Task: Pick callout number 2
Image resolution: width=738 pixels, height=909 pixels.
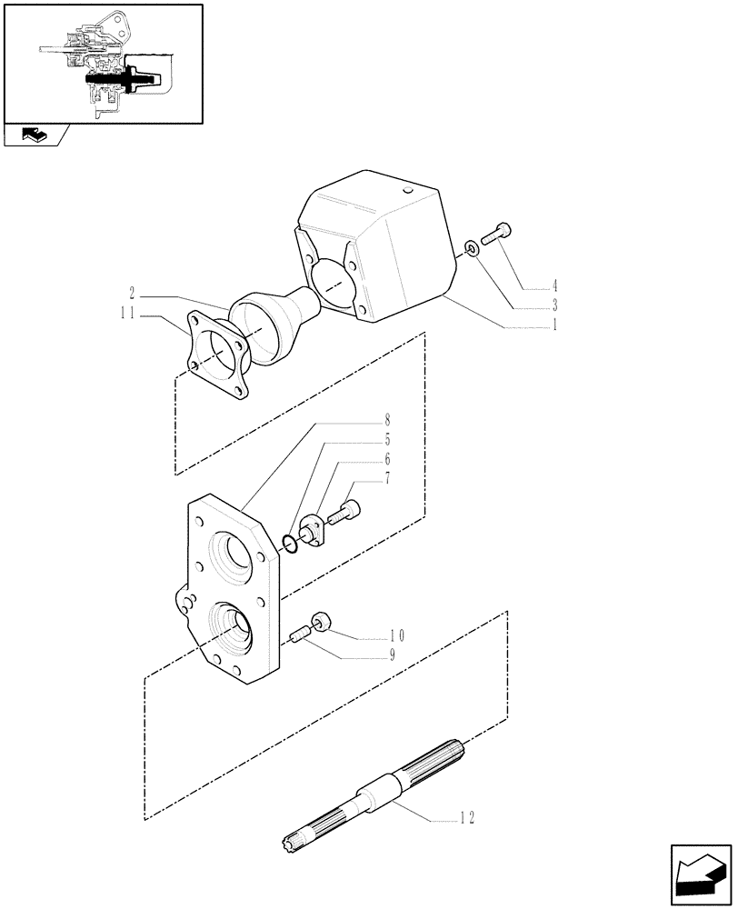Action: [133, 295]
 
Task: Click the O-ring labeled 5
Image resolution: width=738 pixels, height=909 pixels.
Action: [290, 544]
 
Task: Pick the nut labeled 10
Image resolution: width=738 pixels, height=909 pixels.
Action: [320, 622]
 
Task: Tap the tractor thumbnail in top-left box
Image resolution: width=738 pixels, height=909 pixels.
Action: [102, 64]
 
